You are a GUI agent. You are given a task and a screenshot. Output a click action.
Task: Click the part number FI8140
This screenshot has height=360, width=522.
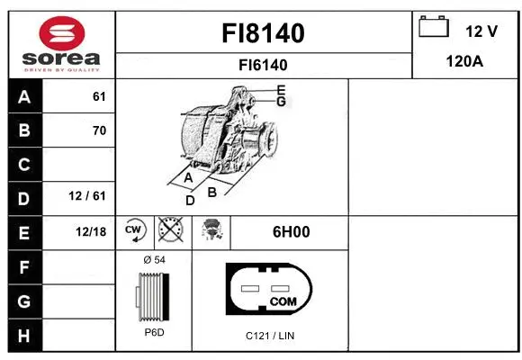click(x=264, y=33)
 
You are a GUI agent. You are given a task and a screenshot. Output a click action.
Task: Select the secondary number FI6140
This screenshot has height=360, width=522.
click(x=264, y=65)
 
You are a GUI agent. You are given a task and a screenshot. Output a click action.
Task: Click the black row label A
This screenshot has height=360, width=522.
click(x=23, y=97)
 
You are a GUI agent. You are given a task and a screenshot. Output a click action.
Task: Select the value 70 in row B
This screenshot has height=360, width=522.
click(x=99, y=130)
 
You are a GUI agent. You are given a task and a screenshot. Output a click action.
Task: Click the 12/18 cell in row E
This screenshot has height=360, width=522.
click(x=91, y=231)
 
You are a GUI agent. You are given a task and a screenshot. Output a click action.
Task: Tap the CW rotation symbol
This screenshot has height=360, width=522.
click(x=134, y=231)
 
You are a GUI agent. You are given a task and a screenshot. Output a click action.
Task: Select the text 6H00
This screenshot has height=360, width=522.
click(x=291, y=231)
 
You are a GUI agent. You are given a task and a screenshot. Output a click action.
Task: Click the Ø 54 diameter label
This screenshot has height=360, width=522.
click(x=154, y=260)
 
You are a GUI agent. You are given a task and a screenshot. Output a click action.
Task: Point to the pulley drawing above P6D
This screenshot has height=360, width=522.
click(x=150, y=294)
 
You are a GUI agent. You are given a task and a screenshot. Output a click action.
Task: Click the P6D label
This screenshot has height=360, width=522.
click(x=154, y=332)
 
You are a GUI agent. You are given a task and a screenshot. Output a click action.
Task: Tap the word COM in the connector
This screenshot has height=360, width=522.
click(x=283, y=301)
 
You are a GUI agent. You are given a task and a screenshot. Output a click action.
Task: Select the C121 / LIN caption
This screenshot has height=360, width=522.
click(x=270, y=336)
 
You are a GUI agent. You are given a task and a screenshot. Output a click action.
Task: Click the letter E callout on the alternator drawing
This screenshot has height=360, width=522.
click(x=281, y=89)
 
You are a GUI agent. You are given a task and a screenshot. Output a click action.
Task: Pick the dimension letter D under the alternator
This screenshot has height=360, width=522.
click(x=190, y=200)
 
